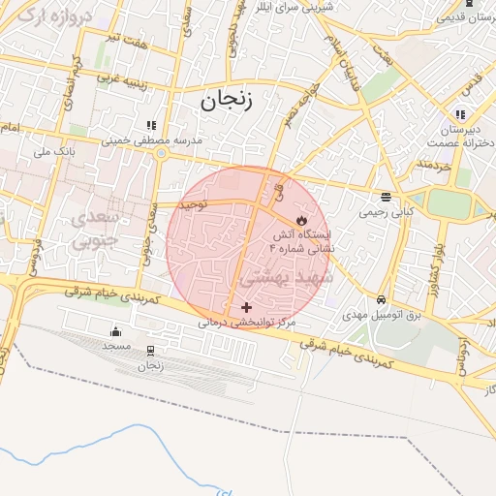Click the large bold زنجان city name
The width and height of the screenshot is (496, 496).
tap(226, 101)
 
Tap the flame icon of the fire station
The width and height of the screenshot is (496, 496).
tap(301, 221)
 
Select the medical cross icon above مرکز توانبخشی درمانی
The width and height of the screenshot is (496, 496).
tap(246, 307)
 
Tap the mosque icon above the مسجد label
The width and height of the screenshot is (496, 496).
tap(116, 332)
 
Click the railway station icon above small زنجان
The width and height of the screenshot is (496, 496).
tap(150, 352)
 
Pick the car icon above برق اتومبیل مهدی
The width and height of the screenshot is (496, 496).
tap(383, 300)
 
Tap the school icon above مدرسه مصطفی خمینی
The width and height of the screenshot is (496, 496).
tap(150, 126)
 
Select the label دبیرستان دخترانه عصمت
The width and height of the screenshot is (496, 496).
tap(455, 137)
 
